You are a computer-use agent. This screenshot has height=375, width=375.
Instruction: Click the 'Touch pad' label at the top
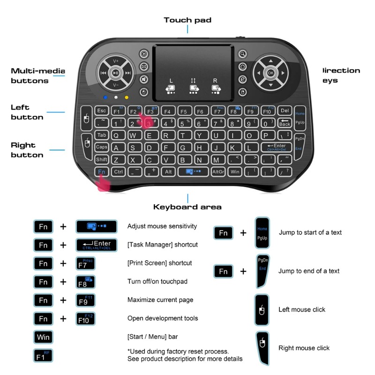(x=187, y=20)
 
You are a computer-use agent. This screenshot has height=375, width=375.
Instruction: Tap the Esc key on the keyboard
(x=102, y=111)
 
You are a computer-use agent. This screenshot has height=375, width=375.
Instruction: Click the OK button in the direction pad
(x=270, y=73)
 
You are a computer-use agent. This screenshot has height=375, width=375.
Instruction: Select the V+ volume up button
(x=116, y=61)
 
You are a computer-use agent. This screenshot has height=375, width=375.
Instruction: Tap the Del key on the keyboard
(x=285, y=111)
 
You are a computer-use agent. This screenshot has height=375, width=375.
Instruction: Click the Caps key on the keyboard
(x=102, y=147)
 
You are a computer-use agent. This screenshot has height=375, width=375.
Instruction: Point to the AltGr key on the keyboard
(x=218, y=172)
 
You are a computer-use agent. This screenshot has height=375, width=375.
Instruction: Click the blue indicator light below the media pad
(x=106, y=98)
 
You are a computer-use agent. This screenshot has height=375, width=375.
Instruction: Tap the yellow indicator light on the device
(x=127, y=98)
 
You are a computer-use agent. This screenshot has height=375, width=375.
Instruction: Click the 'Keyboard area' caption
(x=187, y=207)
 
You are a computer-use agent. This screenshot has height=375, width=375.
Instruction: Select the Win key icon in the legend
(x=43, y=337)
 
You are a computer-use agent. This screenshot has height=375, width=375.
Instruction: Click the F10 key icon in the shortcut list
(x=85, y=319)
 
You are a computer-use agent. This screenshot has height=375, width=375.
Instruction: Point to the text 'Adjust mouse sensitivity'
(x=162, y=226)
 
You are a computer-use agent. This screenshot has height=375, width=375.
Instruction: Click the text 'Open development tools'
(x=163, y=319)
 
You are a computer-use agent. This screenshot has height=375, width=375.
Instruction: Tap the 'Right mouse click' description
(x=304, y=348)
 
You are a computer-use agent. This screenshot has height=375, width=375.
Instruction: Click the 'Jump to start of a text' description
(x=310, y=232)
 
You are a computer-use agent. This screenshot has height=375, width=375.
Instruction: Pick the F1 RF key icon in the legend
(x=43, y=355)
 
